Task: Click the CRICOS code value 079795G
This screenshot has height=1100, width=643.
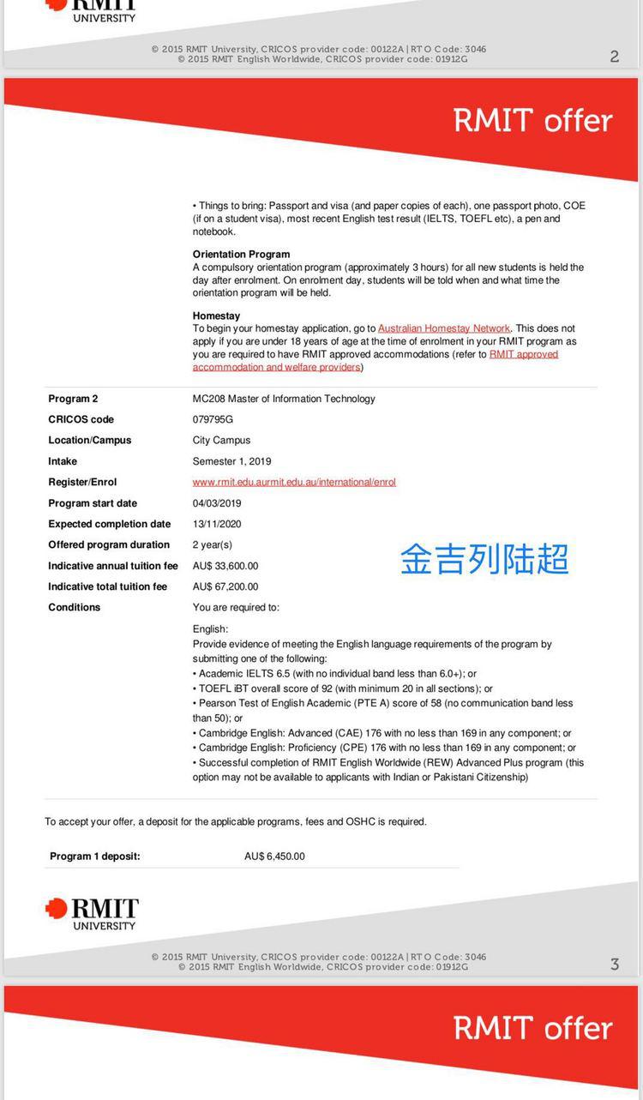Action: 213,419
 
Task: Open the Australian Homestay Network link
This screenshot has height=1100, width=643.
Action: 443,328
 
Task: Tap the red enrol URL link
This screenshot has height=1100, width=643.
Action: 294,482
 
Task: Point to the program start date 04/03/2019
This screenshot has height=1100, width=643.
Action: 217,503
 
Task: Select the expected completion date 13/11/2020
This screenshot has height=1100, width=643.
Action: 217,524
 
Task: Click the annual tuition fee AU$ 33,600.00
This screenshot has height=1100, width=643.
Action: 225,566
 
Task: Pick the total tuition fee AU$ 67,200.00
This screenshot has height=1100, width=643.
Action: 225,586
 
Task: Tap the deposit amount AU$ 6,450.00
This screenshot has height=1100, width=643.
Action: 274,856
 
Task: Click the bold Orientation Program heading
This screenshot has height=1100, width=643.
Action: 241,255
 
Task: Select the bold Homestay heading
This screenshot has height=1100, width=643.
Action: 216,316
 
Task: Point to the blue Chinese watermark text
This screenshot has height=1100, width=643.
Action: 484,559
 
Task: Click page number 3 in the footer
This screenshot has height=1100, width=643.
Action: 615,965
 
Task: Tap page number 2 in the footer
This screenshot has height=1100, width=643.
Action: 615,57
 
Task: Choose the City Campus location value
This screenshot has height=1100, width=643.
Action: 221,440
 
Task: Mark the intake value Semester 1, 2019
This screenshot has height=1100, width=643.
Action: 231,461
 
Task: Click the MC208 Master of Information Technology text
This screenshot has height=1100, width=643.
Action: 284,399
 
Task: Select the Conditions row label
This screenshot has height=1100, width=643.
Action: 75,607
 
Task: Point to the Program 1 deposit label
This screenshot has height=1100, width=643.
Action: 94,856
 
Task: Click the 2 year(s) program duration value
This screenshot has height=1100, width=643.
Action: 212,544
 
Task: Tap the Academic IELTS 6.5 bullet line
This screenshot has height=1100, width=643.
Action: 334,674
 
